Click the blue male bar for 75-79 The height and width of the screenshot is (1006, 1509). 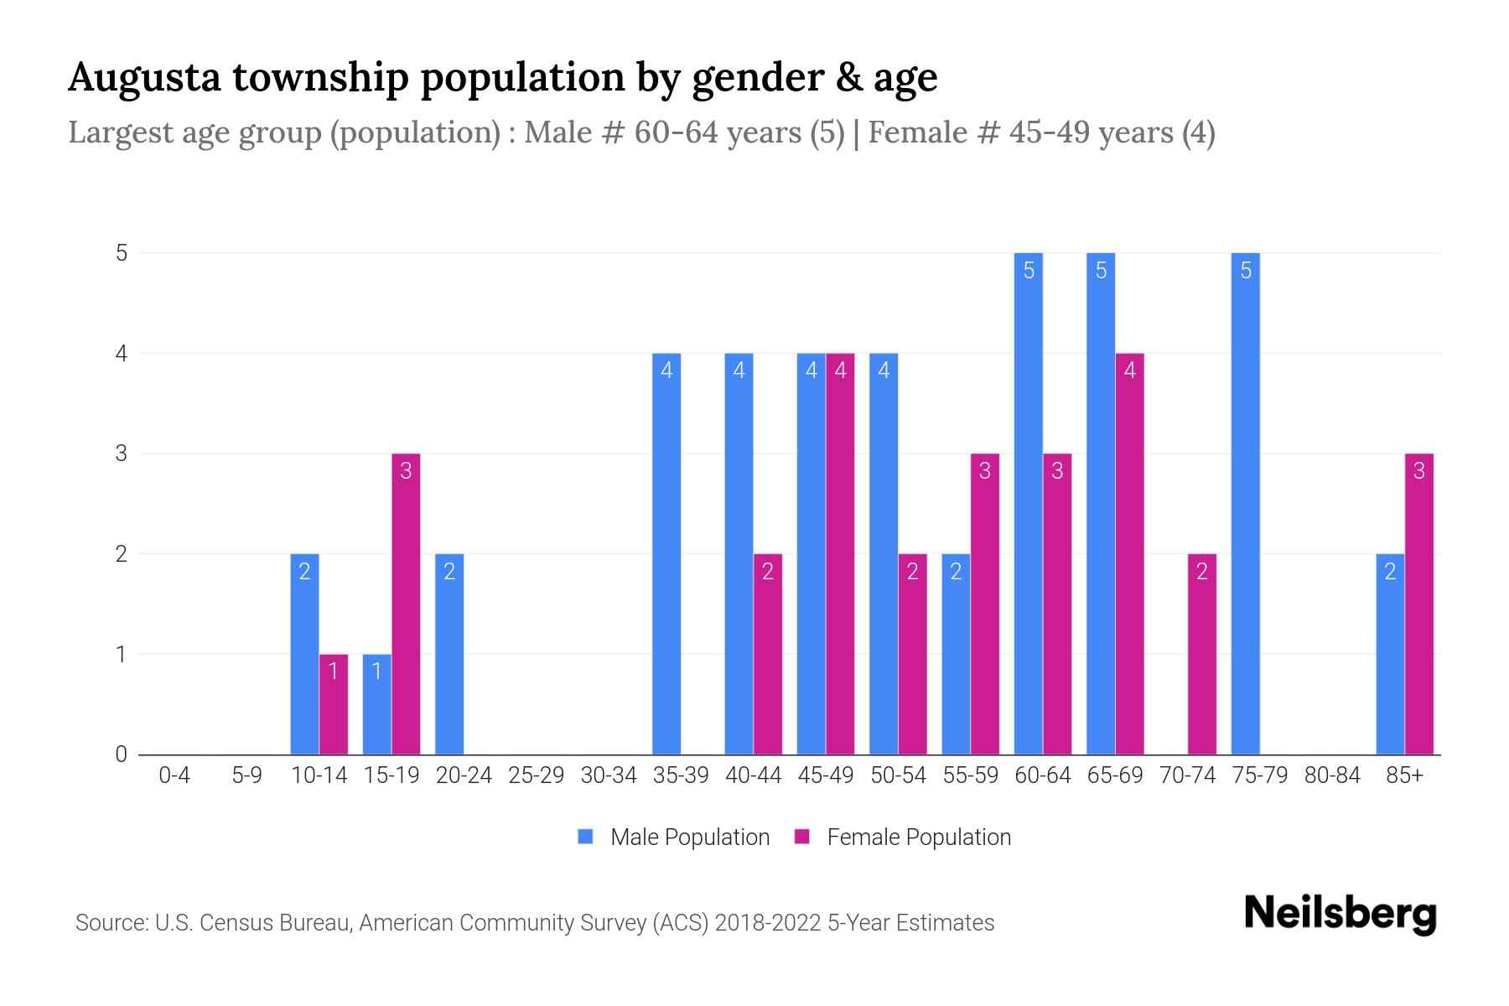pos(1245,503)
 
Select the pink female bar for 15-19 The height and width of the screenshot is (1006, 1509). pos(406,604)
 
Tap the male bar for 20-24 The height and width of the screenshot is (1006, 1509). pos(449,654)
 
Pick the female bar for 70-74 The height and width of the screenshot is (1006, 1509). pos(1201,654)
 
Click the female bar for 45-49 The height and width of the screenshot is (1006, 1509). pos(840,553)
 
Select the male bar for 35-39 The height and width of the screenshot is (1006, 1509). pos(666,553)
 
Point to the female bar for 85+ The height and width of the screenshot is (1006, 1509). pos(1418,604)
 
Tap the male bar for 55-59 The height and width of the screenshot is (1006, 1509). pos(956,654)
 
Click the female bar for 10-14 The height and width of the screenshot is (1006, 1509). pos(334,704)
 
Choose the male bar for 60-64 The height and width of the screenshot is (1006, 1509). pos(1029,503)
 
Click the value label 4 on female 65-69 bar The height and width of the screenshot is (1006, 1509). pos(1129,371)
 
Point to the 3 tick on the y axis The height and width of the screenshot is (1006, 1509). pos(122,454)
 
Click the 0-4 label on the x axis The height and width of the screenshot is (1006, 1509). pos(174,775)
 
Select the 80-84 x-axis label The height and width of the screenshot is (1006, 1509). pos(1332,775)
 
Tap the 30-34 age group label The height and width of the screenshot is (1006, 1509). pos(609,775)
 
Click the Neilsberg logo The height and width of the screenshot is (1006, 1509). pos(1340,914)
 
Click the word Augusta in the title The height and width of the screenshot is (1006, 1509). pos(144,77)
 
